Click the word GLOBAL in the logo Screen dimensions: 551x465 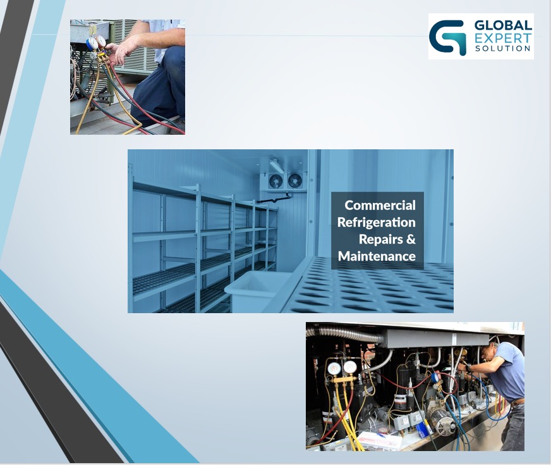503,25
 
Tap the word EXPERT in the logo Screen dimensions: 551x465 503,38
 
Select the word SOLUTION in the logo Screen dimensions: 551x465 503,48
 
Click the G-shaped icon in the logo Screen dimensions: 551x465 447,37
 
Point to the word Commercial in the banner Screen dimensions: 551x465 380,205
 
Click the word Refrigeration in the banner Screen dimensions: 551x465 377,222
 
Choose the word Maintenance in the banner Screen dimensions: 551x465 377,256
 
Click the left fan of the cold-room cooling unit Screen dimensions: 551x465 275,181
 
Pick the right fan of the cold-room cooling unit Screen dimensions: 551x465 294,181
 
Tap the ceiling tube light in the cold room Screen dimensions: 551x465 277,165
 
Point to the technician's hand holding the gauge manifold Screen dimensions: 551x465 118,52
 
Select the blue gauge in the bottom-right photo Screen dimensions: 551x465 436,377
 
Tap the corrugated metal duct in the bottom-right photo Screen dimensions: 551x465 344,333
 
